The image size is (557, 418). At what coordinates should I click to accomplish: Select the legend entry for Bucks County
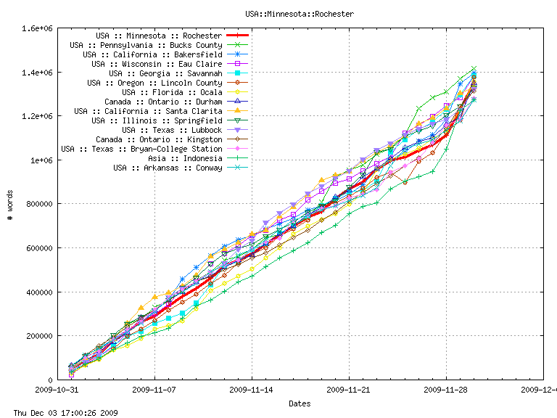(146, 45)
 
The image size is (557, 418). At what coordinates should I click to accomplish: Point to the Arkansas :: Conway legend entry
(168, 168)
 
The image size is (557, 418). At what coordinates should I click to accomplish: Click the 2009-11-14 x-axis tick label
(252, 389)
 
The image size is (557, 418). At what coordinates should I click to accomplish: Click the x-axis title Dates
(300, 403)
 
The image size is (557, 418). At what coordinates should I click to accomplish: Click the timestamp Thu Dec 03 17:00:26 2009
(60, 412)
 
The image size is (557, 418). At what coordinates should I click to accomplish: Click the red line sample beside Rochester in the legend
(238, 36)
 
